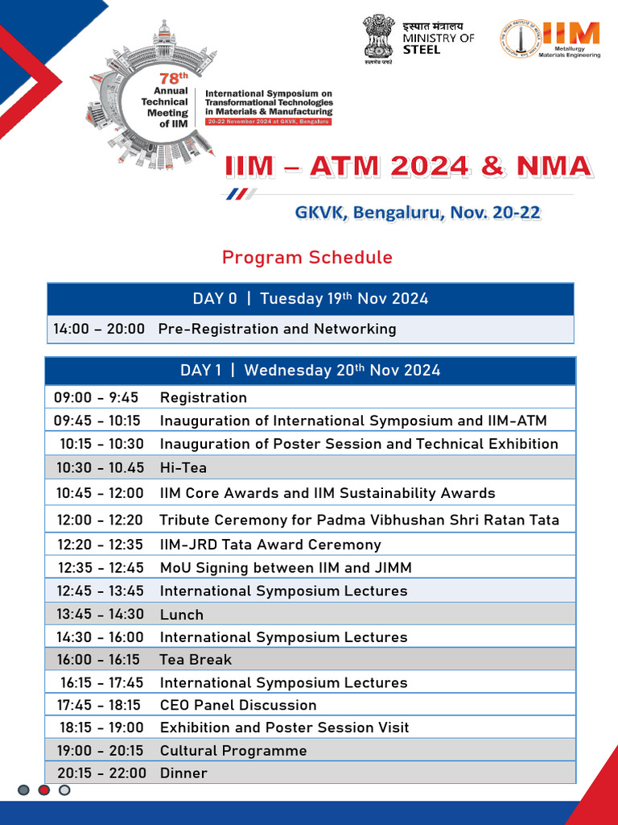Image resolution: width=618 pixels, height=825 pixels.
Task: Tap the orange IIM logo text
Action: pyautogui.click(x=571, y=33)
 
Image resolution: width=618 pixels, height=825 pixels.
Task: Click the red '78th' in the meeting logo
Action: pyautogui.click(x=169, y=79)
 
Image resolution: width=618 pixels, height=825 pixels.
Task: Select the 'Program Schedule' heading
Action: pyautogui.click(x=307, y=258)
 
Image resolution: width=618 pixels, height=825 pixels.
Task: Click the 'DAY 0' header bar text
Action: pyautogui.click(x=310, y=299)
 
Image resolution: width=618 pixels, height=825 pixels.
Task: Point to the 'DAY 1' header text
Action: pyautogui.click(x=310, y=371)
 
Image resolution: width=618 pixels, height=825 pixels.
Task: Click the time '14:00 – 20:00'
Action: pyautogui.click(x=99, y=329)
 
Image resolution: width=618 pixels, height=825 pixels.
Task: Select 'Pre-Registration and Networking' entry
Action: pyautogui.click(x=277, y=329)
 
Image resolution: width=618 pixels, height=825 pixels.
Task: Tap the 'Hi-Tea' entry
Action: pyautogui.click(x=183, y=467)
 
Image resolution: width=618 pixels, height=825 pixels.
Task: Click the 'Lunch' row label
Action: pyautogui.click(x=181, y=614)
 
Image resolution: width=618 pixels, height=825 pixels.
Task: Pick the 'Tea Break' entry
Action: pyautogui.click(x=195, y=659)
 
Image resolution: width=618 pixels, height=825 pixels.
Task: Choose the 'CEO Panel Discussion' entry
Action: pyautogui.click(x=238, y=705)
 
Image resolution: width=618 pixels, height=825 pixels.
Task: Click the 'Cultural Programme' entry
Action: pyautogui.click(x=233, y=750)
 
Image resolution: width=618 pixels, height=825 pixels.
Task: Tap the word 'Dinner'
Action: pyautogui.click(x=183, y=773)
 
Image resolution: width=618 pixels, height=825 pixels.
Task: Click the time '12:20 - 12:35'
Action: pyautogui.click(x=101, y=545)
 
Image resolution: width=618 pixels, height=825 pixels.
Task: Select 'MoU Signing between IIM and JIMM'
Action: pyautogui.click(x=286, y=567)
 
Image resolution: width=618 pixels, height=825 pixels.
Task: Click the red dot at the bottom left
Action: pyautogui.click(x=44, y=790)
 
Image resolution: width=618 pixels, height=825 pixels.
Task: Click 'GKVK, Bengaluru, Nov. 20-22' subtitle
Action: pyautogui.click(x=418, y=213)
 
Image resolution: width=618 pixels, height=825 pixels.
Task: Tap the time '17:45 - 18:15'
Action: pyautogui.click(x=99, y=705)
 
